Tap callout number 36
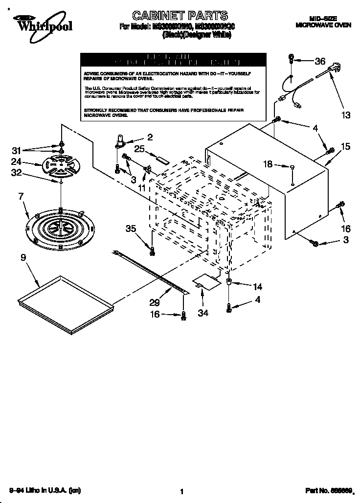pos(319,61)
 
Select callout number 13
pos(346,115)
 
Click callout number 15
pos(346,146)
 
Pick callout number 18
pos(268,164)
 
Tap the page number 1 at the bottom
pos(181,491)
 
